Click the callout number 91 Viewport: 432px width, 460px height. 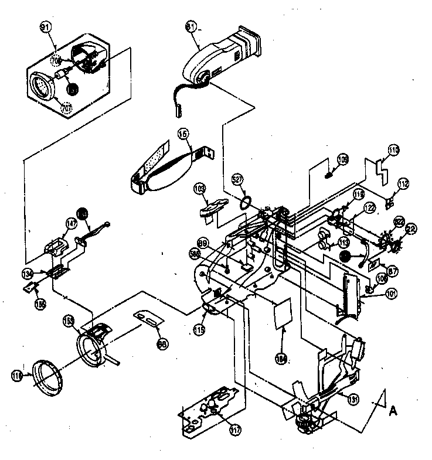[45, 27]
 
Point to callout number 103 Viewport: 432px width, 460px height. [200, 190]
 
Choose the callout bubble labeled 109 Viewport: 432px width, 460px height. [342, 158]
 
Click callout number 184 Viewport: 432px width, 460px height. [283, 356]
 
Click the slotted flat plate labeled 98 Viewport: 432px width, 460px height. [149, 319]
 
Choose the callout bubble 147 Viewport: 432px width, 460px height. [71, 223]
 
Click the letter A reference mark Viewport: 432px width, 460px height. [393, 410]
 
